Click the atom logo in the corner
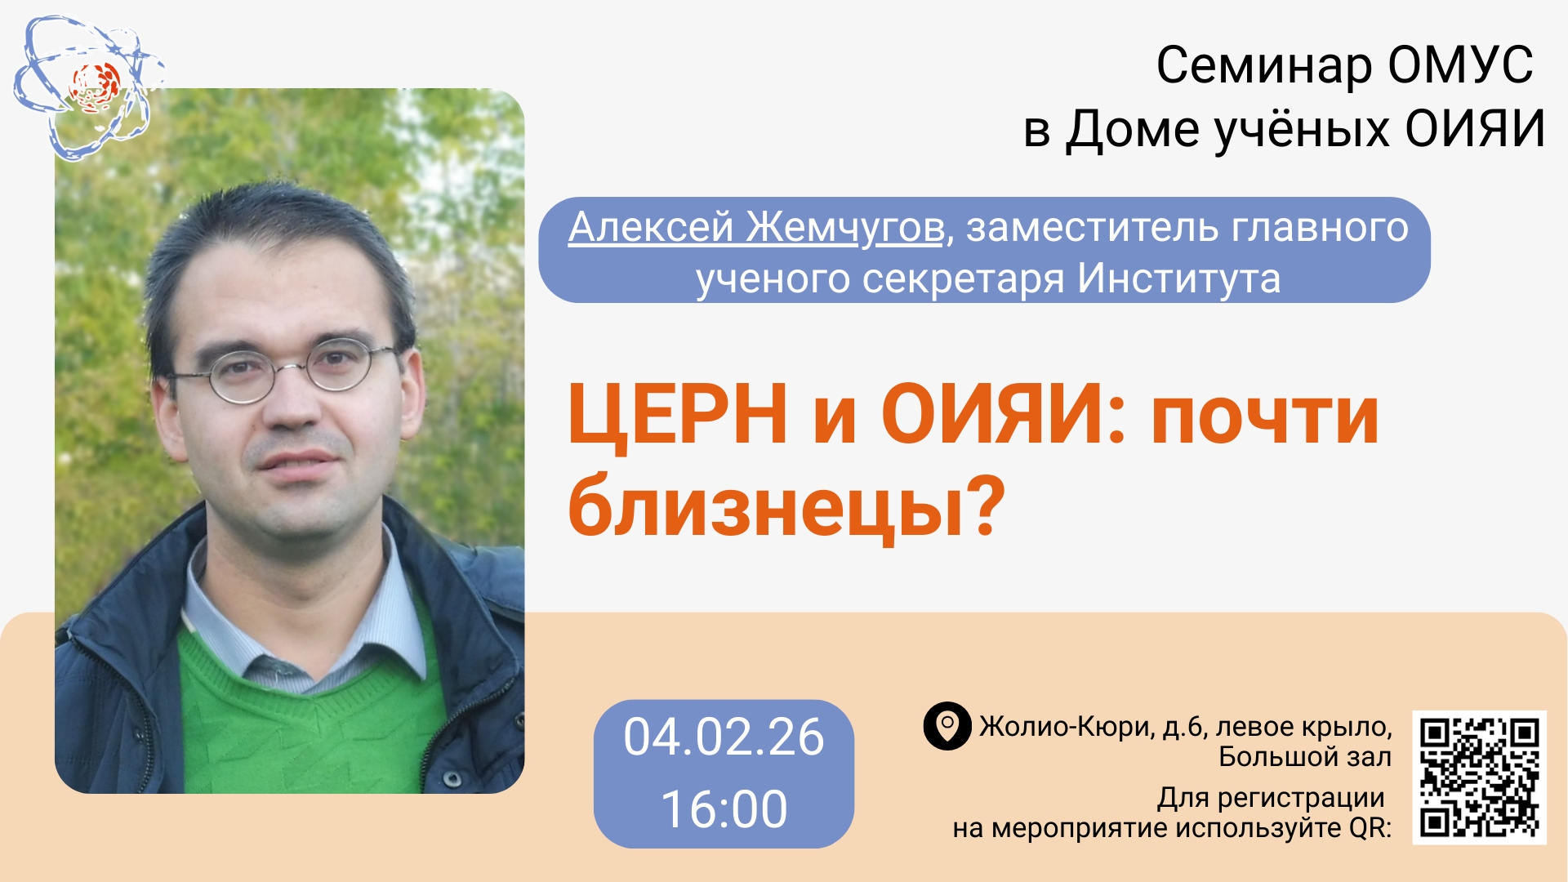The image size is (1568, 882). [x=88, y=87]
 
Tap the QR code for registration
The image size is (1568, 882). [x=1479, y=777]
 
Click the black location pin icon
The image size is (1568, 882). [x=947, y=726]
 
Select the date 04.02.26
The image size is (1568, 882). [x=724, y=737]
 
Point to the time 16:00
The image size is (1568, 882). [x=724, y=809]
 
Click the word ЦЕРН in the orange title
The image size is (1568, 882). [x=677, y=414]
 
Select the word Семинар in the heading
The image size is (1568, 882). [x=1264, y=65]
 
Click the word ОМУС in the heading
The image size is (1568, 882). [x=1460, y=65]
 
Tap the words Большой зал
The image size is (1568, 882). [x=1304, y=757]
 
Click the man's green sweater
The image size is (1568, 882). [x=310, y=719]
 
